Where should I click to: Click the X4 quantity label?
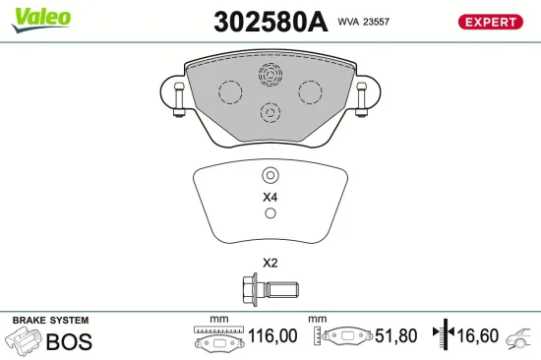pos(270,198)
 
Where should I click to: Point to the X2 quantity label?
pos(270,263)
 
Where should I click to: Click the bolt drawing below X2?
pos(270,290)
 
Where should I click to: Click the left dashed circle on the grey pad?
pos(229,92)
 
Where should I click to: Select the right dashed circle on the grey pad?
pos(311,92)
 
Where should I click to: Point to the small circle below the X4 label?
pos(270,214)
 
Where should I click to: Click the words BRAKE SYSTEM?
pos(50,321)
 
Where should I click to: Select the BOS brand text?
pos(69,341)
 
